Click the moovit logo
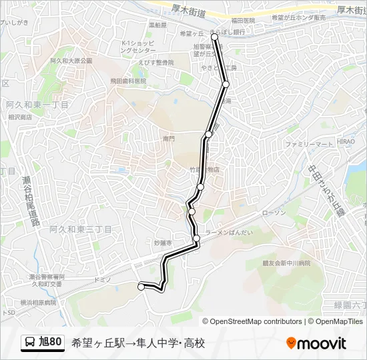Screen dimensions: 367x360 (x=316, y=343)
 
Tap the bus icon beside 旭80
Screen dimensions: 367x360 (x=30, y=343)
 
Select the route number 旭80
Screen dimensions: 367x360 (x=51, y=343)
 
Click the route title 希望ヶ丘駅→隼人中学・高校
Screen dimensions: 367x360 (x=137, y=343)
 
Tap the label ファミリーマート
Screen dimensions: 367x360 (x=308, y=144)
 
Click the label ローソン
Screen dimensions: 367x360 (x=274, y=213)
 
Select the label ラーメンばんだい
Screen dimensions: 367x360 (x=229, y=232)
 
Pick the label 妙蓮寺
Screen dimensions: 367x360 (x=163, y=243)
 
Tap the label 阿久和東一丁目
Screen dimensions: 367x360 (x=37, y=105)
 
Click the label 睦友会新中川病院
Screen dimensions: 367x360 (x=286, y=263)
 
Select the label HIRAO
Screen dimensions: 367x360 (x=346, y=141)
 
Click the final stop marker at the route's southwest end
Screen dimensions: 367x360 (x=141, y=287)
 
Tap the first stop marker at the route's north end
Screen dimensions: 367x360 (x=214, y=38)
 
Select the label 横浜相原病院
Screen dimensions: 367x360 (x=38, y=302)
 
